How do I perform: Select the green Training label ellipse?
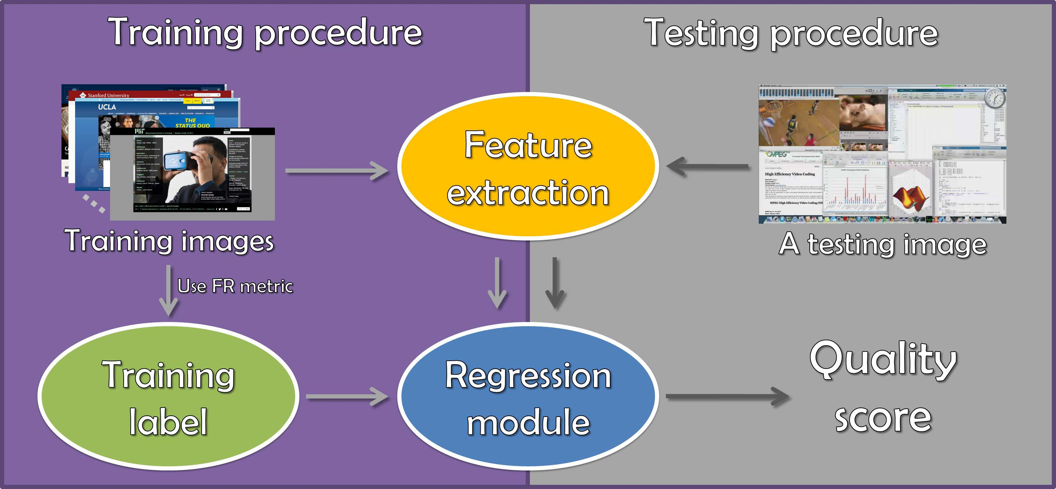point(168,396)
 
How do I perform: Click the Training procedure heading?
point(265,33)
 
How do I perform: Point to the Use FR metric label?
point(235,286)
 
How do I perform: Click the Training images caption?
point(169,241)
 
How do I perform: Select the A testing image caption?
point(882,244)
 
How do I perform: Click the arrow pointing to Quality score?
point(728,396)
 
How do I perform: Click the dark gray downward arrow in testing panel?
point(555,283)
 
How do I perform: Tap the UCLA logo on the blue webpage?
point(107,107)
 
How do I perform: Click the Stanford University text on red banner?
point(108,95)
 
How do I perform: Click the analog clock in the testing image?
point(995,99)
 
